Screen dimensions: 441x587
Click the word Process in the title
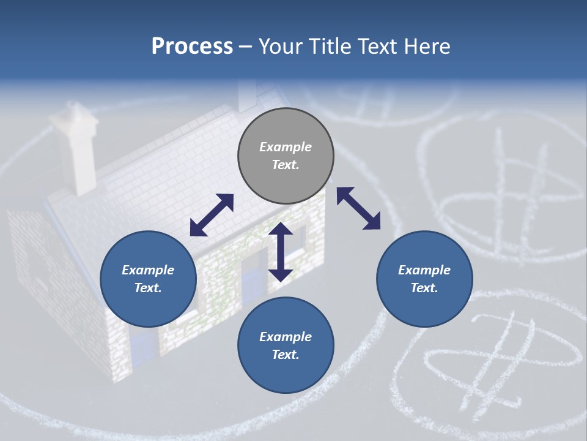(x=192, y=47)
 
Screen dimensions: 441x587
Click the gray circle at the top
(x=286, y=156)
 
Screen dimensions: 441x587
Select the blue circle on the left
(x=148, y=279)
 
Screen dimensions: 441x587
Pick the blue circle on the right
(x=424, y=279)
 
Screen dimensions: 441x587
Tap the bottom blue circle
(x=286, y=345)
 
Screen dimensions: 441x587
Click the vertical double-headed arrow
(x=281, y=252)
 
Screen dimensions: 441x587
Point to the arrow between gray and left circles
(x=212, y=215)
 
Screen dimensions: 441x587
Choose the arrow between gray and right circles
(x=358, y=208)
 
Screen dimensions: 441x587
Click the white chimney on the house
(x=76, y=147)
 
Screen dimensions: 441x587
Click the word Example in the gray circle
(x=286, y=147)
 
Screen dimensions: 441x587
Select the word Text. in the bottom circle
(x=286, y=355)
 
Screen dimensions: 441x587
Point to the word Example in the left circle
(x=148, y=270)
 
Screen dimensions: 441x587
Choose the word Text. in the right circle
(x=424, y=288)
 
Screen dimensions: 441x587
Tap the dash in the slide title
(x=246, y=47)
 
